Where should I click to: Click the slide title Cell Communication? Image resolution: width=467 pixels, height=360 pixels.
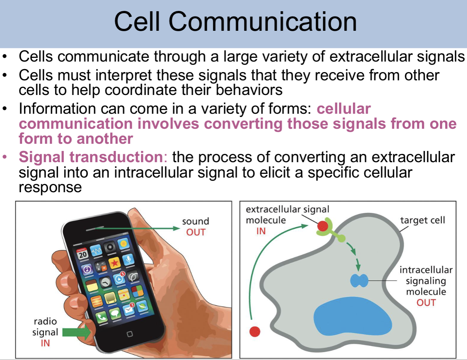pyautogui.click(x=235, y=21)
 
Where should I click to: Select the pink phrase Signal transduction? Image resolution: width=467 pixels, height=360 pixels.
pyautogui.click(x=90, y=157)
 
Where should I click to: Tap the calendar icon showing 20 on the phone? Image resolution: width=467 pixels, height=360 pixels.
pyautogui.click(x=82, y=254)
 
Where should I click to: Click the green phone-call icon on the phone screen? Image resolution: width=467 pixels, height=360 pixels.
pyautogui.click(x=101, y=318)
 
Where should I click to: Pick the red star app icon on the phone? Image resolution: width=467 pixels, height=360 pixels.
pyautogui.click(x=114, y=262)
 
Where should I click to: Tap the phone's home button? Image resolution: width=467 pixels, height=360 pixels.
pyautogui.click(x=130, y=334)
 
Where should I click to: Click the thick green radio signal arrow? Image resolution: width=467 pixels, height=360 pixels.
pyautogui.click(x=77, y=332)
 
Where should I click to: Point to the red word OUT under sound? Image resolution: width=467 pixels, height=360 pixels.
pyautogui.click(x=196, y=232)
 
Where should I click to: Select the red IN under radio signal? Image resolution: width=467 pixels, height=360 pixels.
pyautogui.click(x=45, y=343)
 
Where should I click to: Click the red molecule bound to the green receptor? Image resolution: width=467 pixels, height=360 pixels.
pyautogui.click(x=322, y=226)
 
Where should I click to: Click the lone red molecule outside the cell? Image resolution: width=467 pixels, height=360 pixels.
pyautogui.click(x=255, y=331)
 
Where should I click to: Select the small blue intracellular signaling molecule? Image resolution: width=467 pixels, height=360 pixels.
pyautogui.click(x=359, y=280)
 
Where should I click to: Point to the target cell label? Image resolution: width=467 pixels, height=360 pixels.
pyautogui.click(x=422, y=220)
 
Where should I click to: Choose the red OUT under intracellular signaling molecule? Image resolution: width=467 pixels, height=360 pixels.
pyautogui.click(x=426, y=303)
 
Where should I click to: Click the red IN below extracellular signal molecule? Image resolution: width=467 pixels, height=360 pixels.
pyautogui.click(x=261, y=231)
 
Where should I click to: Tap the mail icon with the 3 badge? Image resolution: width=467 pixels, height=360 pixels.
pyautogui.click(x=129, y=309)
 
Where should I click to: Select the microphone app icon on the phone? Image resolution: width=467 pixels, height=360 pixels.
pyautogui.click(x=128, y=259)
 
